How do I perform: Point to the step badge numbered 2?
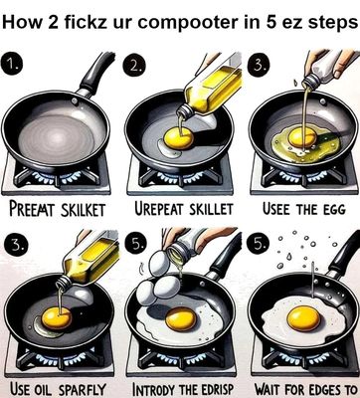(134, 66)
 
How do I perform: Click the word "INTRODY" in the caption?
(153, 389)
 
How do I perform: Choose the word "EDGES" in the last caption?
(322, 389)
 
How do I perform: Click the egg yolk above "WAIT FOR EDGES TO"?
(303, 318)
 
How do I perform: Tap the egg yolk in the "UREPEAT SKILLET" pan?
(178, 138)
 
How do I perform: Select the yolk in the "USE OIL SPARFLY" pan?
(57, 317)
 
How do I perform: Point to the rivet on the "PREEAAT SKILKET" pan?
(75, 101)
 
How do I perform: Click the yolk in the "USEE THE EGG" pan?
(302, 137)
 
